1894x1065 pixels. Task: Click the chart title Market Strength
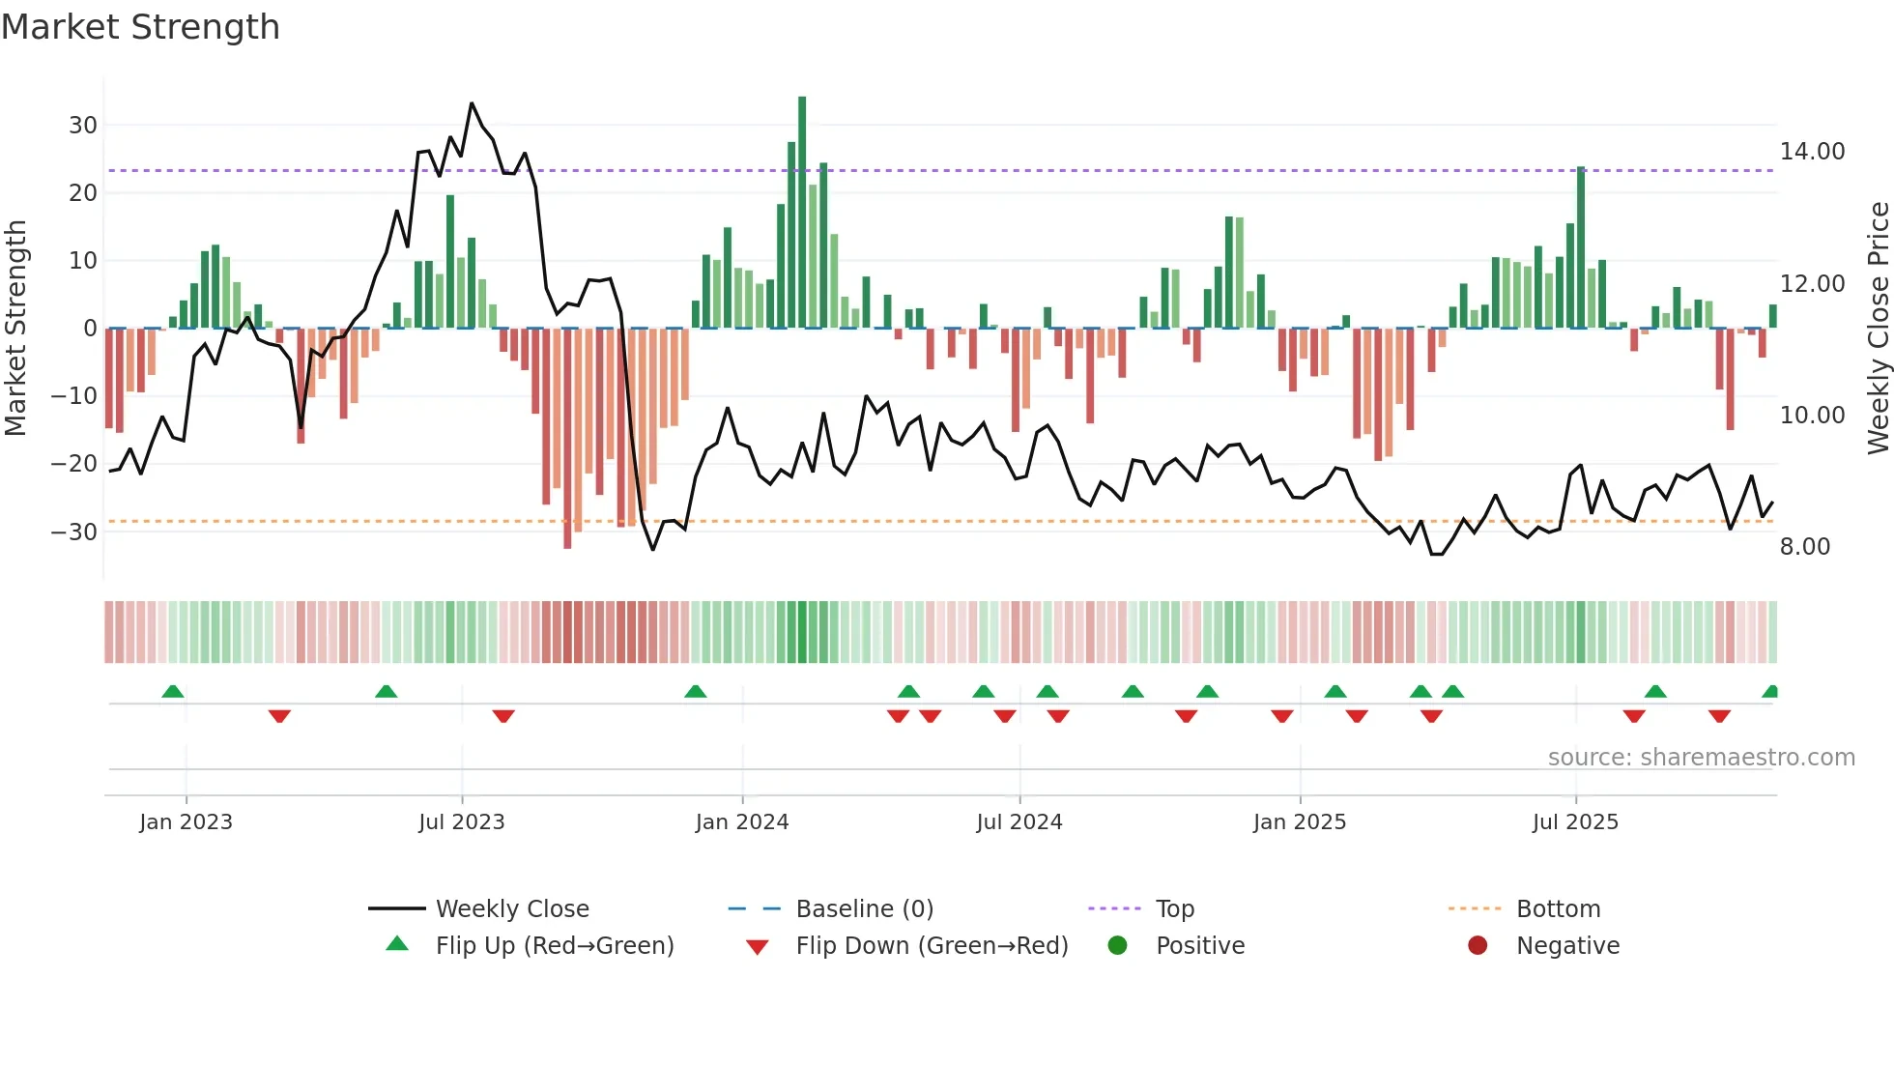(x=140, y=27)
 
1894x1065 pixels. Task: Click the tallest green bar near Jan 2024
(x=802, y=213)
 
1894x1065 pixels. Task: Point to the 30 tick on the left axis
(x=82, y=125)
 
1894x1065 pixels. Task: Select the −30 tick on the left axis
(x=74, y=532)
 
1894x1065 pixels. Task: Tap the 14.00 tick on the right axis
(x=1812, y=152)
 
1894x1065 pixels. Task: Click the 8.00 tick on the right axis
(x=1804, y=547)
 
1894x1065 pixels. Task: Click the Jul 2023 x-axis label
(x=461, y=822)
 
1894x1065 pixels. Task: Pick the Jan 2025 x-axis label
(x=1299, y=822)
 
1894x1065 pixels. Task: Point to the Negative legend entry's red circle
(x=1478, y=946)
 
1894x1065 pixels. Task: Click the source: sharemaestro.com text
(x=1701, y=758)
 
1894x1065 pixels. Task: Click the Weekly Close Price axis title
(x=1878, y=329)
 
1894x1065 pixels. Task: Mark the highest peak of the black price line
(x=472, y=103)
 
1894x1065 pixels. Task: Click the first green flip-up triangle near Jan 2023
(x=173, y=692)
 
